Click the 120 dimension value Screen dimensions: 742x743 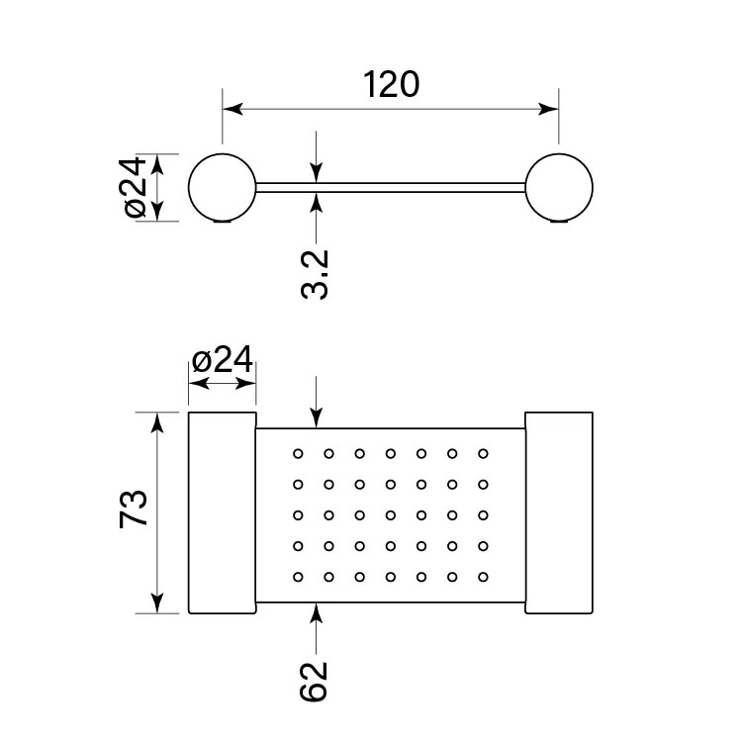(391, 84)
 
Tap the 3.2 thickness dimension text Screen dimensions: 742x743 (315, 273)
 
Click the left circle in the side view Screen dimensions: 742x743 (223, 187)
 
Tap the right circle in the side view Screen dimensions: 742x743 (559, 187)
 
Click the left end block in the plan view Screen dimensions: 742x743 (223, 512)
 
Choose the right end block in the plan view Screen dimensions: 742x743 (558, 512)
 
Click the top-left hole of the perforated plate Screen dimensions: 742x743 (297, 453)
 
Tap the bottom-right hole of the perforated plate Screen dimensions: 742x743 (483, 576)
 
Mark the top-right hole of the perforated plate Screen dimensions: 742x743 (483, 453)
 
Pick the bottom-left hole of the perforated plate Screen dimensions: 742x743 (297, 576)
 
